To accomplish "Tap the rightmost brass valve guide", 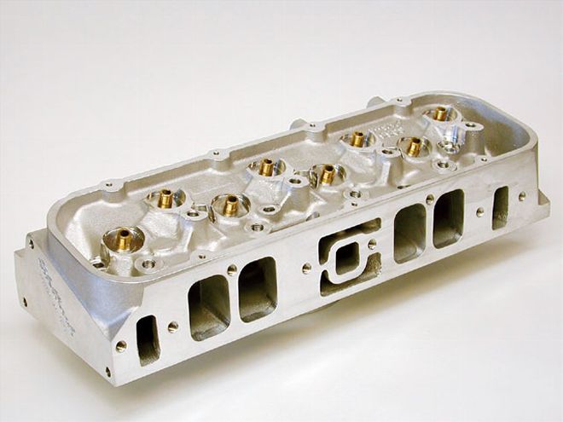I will coord(440,113).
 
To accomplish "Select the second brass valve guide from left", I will coord(165,198).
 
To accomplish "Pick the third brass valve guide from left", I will coord(229,205).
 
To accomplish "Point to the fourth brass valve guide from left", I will coord(267,167).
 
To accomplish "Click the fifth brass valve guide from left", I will coord(327,174).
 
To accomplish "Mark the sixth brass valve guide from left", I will coord(357,138).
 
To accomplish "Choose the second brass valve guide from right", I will coord(414,147).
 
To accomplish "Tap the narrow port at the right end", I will coord(501,206).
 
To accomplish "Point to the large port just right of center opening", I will coord(410,231).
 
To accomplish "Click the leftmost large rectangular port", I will coord(209,307).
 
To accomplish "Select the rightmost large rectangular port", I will coord(449,218).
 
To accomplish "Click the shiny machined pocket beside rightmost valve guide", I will coord(463,132).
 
